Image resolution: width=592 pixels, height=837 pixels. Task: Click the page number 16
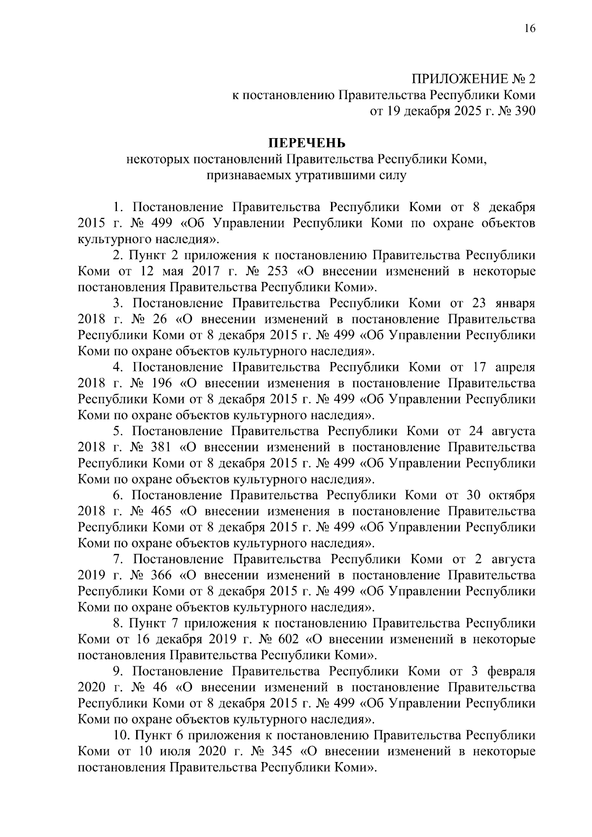point(529,28)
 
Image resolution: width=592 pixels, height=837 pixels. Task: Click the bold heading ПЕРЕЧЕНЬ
point(307,143)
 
